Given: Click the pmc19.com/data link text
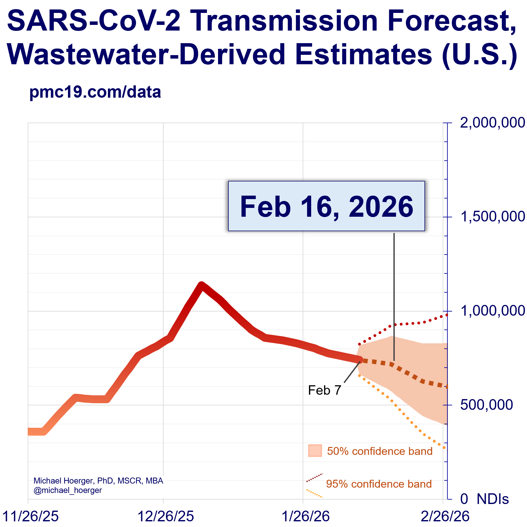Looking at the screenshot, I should click(95, 92).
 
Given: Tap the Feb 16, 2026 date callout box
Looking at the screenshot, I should click(326, 206).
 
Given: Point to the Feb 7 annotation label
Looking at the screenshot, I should click(324, 390).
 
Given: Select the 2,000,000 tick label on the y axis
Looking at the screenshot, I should click(492, 123).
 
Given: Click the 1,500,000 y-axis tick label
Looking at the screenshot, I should click(492, 217).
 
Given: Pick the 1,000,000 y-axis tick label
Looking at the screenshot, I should click(492, 311).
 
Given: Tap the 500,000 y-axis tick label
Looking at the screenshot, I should click(486, 405).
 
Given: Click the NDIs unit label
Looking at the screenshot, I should click(493, 499).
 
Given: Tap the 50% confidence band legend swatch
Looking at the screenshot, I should click(315, 451).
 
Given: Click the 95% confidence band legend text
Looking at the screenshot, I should click(379, 484).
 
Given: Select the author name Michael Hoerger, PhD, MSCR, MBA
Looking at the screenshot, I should click(98, 481).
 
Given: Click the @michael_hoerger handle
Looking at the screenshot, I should click(68, 490).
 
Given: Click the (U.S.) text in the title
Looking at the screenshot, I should click(479, 54).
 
